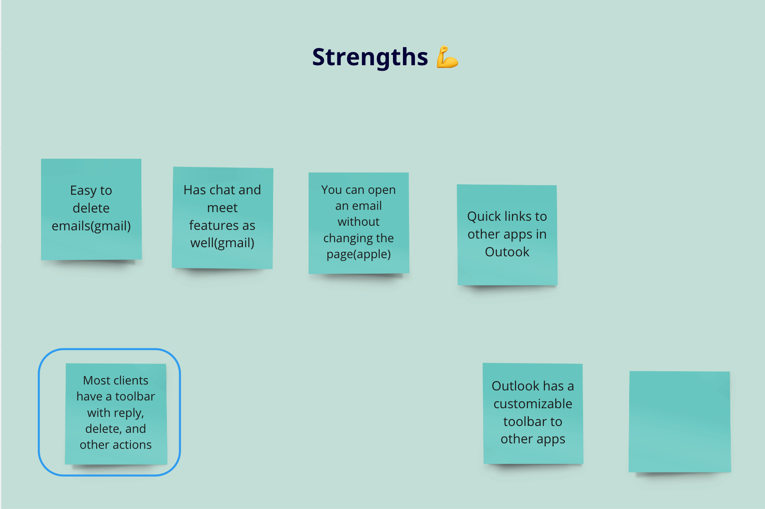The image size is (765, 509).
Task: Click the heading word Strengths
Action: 370,57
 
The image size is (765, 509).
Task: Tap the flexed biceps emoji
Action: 447,57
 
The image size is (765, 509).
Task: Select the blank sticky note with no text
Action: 680,421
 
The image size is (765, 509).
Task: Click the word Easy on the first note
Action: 83,191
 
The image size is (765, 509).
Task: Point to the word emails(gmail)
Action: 91,226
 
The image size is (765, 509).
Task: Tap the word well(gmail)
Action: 222,243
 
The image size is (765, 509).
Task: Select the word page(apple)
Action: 359,254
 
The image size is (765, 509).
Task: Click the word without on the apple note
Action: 359,222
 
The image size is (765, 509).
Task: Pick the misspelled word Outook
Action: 507,252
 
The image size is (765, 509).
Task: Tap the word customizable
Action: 533,404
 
